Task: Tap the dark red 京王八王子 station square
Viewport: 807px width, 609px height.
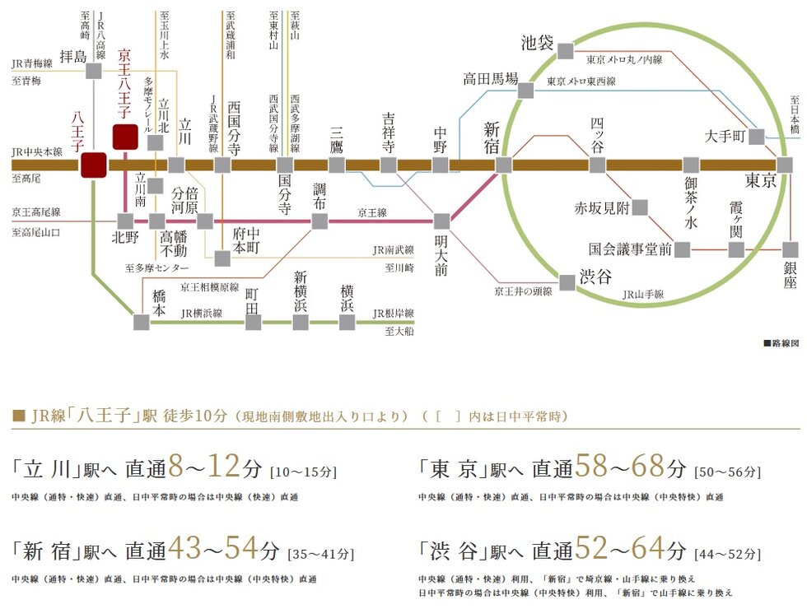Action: click(125, 136)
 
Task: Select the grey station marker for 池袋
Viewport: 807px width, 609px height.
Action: click(564, 51)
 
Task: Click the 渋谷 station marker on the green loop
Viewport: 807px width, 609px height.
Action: click(567, 282)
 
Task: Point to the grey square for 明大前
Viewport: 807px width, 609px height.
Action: click(441, 221)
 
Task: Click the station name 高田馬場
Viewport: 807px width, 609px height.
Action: click(490, 80)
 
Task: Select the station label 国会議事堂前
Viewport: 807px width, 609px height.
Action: click(630, 249)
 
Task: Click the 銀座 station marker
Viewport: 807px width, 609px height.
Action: click(791, 249)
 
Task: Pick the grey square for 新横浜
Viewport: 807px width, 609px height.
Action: click(301, 322)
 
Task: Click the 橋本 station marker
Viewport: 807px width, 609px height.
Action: click(142, 322)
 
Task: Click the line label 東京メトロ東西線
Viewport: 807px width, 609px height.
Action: click(581, 81)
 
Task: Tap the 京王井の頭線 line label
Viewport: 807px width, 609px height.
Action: click(523, 291)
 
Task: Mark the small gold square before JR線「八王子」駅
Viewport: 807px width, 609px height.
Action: click(19, 416)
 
